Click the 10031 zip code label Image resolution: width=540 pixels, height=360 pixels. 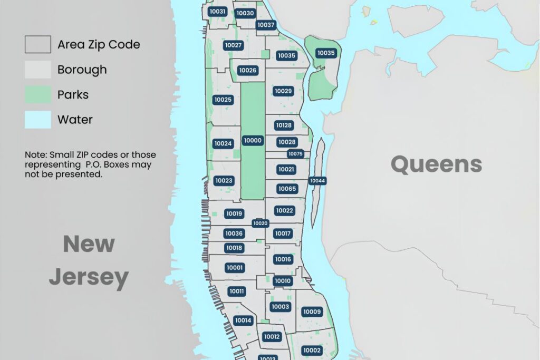click(217, 12)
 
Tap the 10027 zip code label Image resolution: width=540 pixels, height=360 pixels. click(233, 45)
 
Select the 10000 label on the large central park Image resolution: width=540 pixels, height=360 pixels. click(253, 141)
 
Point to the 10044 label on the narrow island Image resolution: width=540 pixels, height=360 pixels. click(317, 181)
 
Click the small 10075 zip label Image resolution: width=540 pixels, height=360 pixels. click(295, 154)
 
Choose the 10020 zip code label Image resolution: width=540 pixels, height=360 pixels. click(261, 223)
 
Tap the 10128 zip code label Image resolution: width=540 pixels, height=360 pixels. click(284, 125)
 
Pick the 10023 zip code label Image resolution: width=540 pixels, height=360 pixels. click(224, 181)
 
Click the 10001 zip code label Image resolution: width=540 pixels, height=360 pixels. click(235, 268)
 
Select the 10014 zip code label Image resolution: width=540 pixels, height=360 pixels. click(243, 320)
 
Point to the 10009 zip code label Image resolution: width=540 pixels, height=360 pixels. click(312, 312)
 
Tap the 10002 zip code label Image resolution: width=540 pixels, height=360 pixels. click(312, 351)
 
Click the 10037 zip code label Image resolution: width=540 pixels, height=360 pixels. click(266, 25)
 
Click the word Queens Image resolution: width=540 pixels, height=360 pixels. click(436, 164)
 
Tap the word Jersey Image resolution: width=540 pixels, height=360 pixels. click(89, 277)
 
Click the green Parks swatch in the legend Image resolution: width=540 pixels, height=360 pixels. click(38, 95)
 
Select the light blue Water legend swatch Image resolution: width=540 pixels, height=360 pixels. click(38, 120)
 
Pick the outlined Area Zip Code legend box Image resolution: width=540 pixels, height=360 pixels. click(38, 44)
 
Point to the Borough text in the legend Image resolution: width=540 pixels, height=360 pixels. click(82, 70)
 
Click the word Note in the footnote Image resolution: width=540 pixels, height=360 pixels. click(35, 155)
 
